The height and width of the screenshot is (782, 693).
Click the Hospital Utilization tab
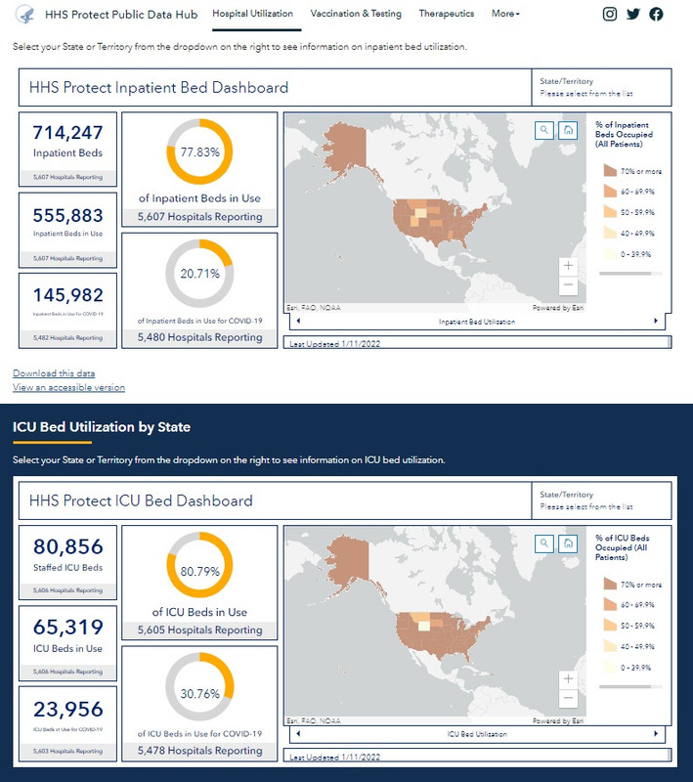(252, 15)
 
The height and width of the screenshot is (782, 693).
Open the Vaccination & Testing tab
(356, 15)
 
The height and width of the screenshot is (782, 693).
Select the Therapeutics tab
(446, 15)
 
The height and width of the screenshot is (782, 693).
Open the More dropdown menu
(505, 15)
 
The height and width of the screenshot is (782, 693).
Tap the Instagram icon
(610, 15)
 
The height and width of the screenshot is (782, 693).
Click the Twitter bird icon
(633, 15)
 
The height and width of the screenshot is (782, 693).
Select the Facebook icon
(656, 15)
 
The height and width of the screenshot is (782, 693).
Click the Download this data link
(54, 373)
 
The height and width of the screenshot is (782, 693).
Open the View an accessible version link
(68, 387)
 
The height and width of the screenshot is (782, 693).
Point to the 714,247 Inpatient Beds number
(67, 133)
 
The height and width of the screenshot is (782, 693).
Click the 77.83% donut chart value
(199, 153)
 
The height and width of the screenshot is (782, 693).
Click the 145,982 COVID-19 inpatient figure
(67, 294)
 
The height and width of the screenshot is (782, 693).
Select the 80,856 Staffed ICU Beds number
(67, 547)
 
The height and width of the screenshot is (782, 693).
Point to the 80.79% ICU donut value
(199, 570)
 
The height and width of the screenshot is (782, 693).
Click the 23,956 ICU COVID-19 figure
(67, 710)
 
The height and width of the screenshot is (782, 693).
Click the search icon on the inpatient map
(544, 130)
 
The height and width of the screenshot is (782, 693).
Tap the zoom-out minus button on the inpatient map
(568, 285)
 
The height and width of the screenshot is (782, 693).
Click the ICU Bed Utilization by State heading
(102, 427)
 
